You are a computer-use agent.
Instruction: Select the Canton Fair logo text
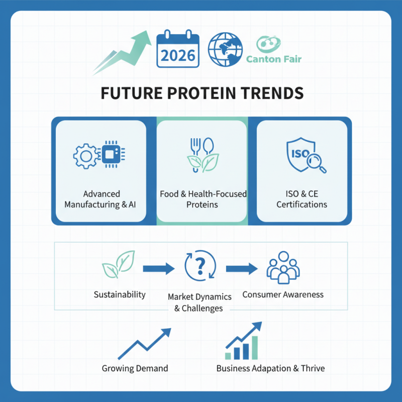pos(274,59)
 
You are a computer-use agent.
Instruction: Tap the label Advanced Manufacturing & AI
pos(100,199)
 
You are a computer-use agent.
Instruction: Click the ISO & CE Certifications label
pos(302,199)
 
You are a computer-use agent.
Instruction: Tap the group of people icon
pos(282,268)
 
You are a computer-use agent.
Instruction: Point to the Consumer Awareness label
pos(283,294)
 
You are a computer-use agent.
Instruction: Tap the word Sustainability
pos(120,294)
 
